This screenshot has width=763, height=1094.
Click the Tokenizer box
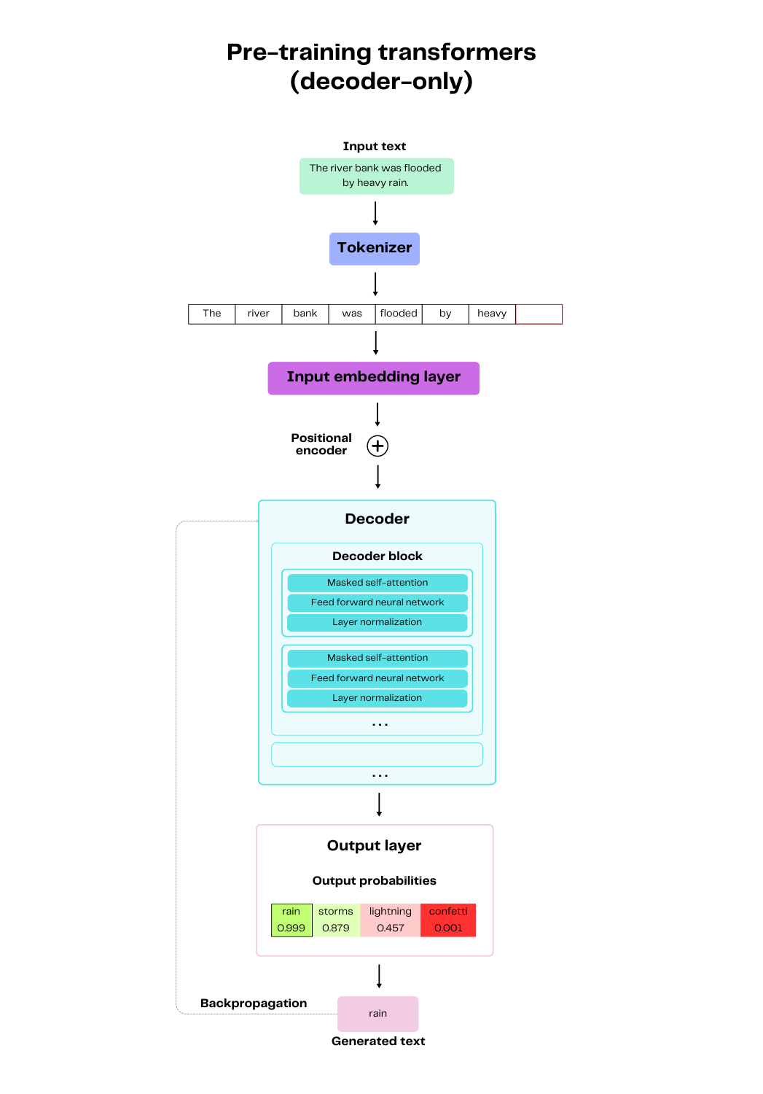coord(374,249)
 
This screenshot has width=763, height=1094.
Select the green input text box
coord(376,176)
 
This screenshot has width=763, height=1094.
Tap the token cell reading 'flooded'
coord(399,314)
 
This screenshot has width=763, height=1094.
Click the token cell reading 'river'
coord(258,314)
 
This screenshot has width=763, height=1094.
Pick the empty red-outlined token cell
coord(539,314)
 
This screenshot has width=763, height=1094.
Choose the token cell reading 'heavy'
coord(492,314)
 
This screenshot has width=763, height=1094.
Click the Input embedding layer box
coord(373,378)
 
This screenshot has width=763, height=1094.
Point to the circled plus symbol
coord(377,446)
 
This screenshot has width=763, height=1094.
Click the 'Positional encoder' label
coord(321,444)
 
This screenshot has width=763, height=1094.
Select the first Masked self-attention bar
coord(377,583)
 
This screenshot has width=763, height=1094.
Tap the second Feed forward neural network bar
coord(377,678)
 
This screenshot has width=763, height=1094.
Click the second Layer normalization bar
coord(377,698)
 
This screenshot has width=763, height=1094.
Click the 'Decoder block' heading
coord(377,556)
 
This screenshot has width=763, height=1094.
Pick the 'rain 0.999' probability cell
coord(291,920)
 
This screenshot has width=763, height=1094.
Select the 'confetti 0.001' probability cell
coord(448,920)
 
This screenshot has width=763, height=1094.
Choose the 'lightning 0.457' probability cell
coord(390,920)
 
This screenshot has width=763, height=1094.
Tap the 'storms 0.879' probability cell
coord(336,920)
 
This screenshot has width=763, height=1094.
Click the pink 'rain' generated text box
coord(377,1013)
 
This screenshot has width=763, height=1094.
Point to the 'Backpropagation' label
coord(254,1003)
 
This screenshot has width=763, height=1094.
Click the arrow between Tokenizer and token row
coord(375,284)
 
